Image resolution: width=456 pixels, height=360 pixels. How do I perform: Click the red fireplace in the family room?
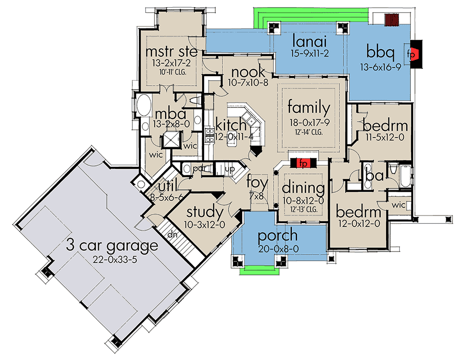[x=303, y=163]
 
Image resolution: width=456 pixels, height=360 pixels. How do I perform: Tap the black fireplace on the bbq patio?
[x=416, y=53]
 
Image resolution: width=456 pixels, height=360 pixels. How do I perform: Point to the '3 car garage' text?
[x=112, y=246]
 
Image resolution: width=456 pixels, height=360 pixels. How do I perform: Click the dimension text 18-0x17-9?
[x=309, y=122]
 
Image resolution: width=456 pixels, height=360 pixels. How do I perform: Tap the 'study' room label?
[x=205, y=211]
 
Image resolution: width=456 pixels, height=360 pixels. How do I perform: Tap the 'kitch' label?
[x=231, y=124]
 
